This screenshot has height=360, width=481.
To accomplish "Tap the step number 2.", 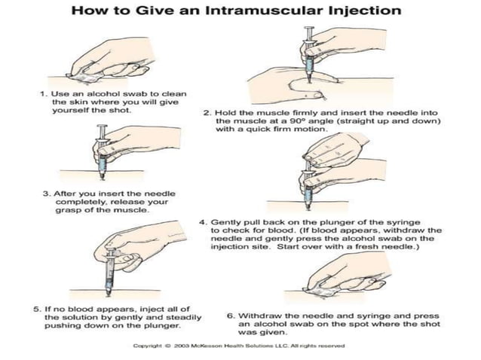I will (x=207, y=111).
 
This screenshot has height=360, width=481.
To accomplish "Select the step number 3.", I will (x=46, y=193).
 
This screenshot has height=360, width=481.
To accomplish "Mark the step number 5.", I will (x=37, y=308).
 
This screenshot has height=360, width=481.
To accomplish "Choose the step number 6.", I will (x=230, y=316).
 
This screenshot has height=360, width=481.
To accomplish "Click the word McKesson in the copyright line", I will (x=208, y=346).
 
